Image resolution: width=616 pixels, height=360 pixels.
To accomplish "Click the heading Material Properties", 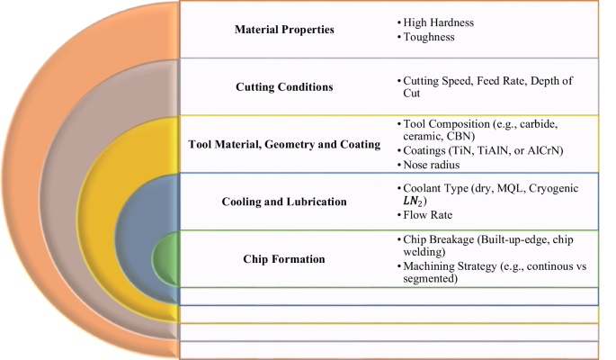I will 284,30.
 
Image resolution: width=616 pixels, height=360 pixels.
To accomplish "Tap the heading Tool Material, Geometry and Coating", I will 284,144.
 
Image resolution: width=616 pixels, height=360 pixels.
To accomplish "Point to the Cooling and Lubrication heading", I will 284,202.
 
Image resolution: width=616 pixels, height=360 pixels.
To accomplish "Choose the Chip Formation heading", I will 284,259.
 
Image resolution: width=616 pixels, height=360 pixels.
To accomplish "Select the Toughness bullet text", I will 429,39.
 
